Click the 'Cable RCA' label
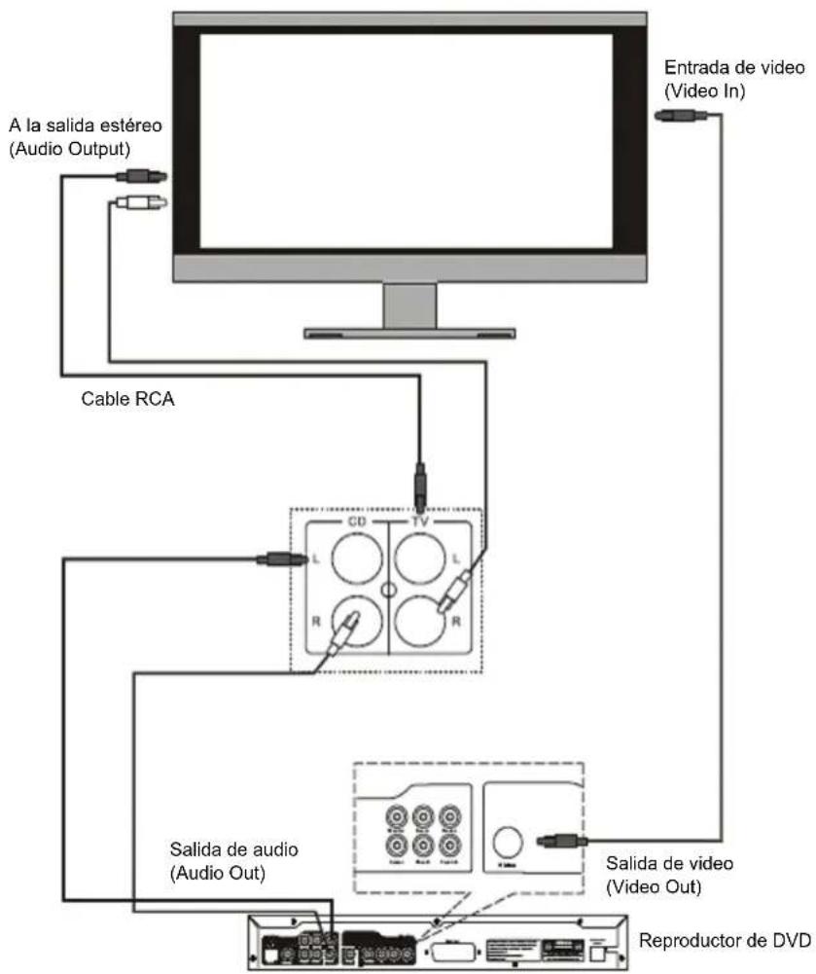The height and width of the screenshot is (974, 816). point(127,400)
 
